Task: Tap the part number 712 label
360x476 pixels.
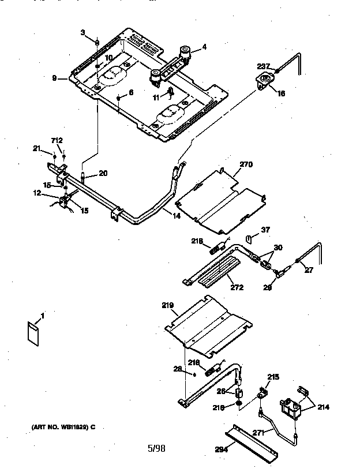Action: tap(57, 140)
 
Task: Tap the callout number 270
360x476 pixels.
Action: tap(246, 164)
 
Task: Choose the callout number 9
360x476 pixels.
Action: tap(54, 78)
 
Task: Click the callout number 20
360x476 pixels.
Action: tap(103, 173)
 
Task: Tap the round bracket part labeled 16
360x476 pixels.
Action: tap(265, 81)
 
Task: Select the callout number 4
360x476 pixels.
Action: tap(204, 47)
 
